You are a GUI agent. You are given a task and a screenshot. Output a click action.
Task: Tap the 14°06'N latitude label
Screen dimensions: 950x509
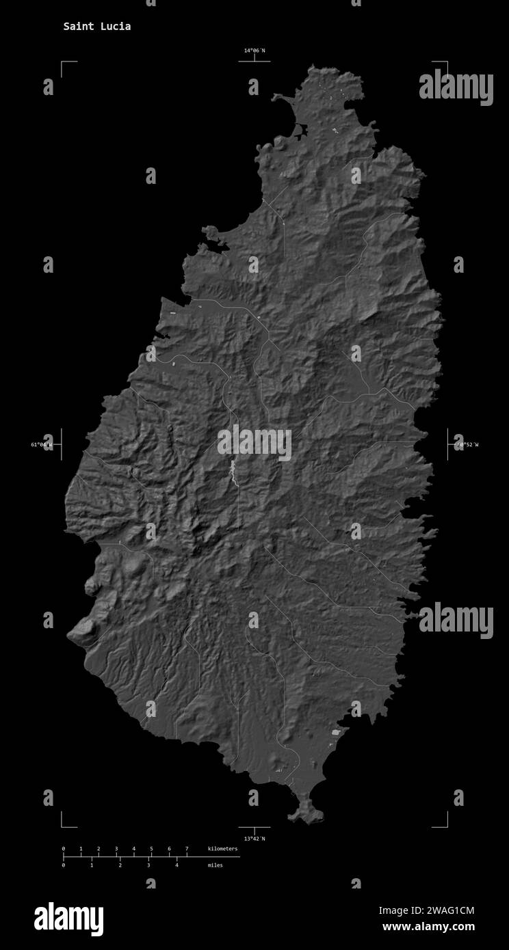254,51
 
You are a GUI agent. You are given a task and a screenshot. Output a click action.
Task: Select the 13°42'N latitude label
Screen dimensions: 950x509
254,838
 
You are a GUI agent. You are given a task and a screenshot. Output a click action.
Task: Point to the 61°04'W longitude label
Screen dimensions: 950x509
41,445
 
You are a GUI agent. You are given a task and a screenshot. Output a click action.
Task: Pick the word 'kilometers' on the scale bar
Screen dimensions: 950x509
223,849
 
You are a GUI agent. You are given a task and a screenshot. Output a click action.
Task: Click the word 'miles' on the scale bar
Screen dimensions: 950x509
215,865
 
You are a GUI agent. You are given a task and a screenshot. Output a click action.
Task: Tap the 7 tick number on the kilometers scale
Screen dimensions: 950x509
187,849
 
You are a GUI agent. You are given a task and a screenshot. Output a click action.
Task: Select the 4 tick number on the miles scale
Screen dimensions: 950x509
177,865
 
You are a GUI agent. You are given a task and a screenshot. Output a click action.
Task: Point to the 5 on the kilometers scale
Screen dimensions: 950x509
151,849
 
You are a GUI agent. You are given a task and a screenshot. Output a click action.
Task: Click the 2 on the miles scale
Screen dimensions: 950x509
120,865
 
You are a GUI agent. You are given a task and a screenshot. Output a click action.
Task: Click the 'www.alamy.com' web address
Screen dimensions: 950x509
428,927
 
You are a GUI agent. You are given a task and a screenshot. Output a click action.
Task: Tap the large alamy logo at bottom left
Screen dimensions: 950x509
69,919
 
